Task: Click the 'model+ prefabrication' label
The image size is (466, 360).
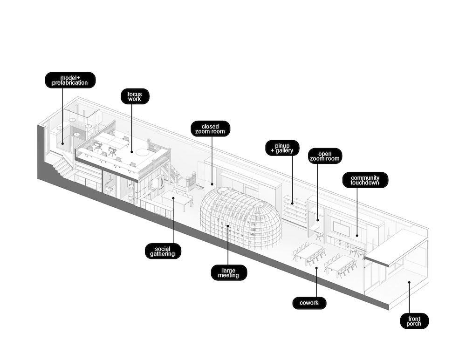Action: click(70, 80)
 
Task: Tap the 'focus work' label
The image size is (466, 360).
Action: click(135, 96)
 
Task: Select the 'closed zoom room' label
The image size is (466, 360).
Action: click(210, 129)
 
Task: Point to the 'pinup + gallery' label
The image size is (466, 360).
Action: click(282, 147)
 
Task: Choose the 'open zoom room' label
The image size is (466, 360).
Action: click(325, 156)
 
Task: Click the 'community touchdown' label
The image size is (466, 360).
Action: click(365, 180)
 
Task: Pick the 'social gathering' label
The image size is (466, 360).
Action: click(163, 251)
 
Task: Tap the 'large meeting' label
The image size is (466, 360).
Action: click(228, 272)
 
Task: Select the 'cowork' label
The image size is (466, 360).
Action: click(309, 303)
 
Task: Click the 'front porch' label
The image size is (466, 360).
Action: click(414, 321)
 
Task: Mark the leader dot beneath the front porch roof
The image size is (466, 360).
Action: click(409, 282)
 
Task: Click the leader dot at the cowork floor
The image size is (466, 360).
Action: click(316, 268)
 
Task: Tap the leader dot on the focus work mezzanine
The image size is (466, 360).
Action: click(132, 151)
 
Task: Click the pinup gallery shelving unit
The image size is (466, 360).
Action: click(295, 209)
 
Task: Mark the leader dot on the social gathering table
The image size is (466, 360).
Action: click(173, 198)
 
